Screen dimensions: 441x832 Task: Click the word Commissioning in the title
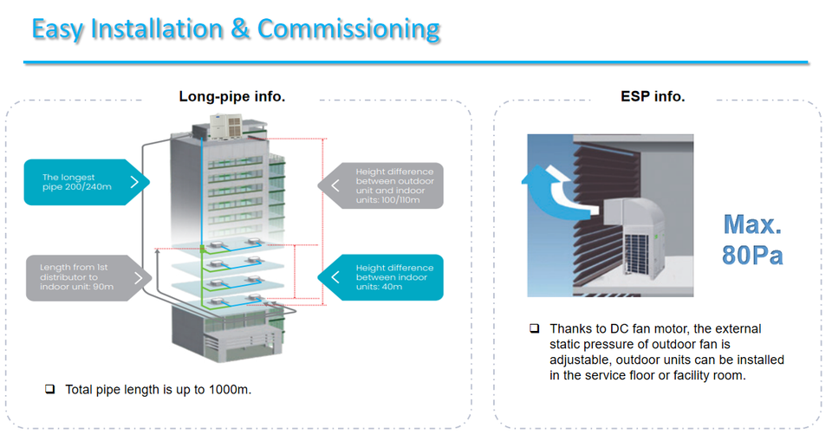click(348, 29)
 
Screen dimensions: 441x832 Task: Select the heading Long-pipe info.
click(232, 96)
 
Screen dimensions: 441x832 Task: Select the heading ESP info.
click(653, 96)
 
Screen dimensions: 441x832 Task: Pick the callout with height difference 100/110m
click(381, 185)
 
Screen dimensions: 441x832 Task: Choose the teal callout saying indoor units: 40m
click(381, 277)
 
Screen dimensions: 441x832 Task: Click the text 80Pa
click(752, 255)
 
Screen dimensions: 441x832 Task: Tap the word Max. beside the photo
click(752, 224)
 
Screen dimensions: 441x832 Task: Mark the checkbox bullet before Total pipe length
click(50, 390)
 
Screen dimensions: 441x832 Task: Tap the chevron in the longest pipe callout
click(134, 182)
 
